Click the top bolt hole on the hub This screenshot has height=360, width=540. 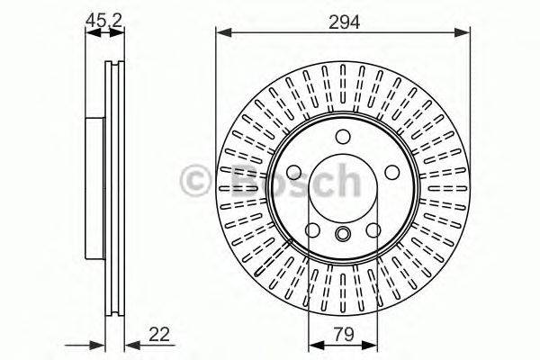[x=343, y=136]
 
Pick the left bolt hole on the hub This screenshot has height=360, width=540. [x=292, y=174]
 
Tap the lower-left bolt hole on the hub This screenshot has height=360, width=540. [x=311, y=232]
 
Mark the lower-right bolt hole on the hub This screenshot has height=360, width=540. [x=373, y=232]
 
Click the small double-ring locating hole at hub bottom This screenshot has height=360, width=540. [x=343, y=235]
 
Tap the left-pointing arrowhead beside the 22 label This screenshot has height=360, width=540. [x=129, y=345]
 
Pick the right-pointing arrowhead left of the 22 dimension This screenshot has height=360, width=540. [x=100, y=345]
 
